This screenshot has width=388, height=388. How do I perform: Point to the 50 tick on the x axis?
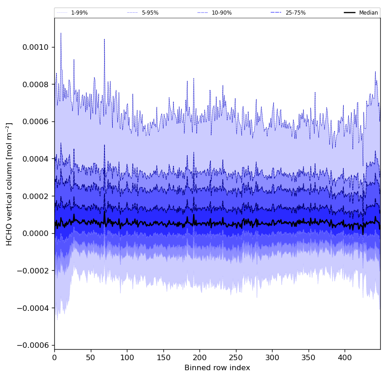click(90, 357)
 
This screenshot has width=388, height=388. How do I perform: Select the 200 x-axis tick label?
click(199, 357)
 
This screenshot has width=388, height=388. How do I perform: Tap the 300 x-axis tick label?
click(272, 357)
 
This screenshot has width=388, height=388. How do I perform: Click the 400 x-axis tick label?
click(345, 357)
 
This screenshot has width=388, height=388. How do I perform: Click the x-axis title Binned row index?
click(217, 368)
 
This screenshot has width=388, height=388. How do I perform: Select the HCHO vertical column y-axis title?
click(10, 184)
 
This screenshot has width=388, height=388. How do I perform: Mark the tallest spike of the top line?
click(61, 33)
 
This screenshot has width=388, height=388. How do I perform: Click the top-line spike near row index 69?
click(105, 39)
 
